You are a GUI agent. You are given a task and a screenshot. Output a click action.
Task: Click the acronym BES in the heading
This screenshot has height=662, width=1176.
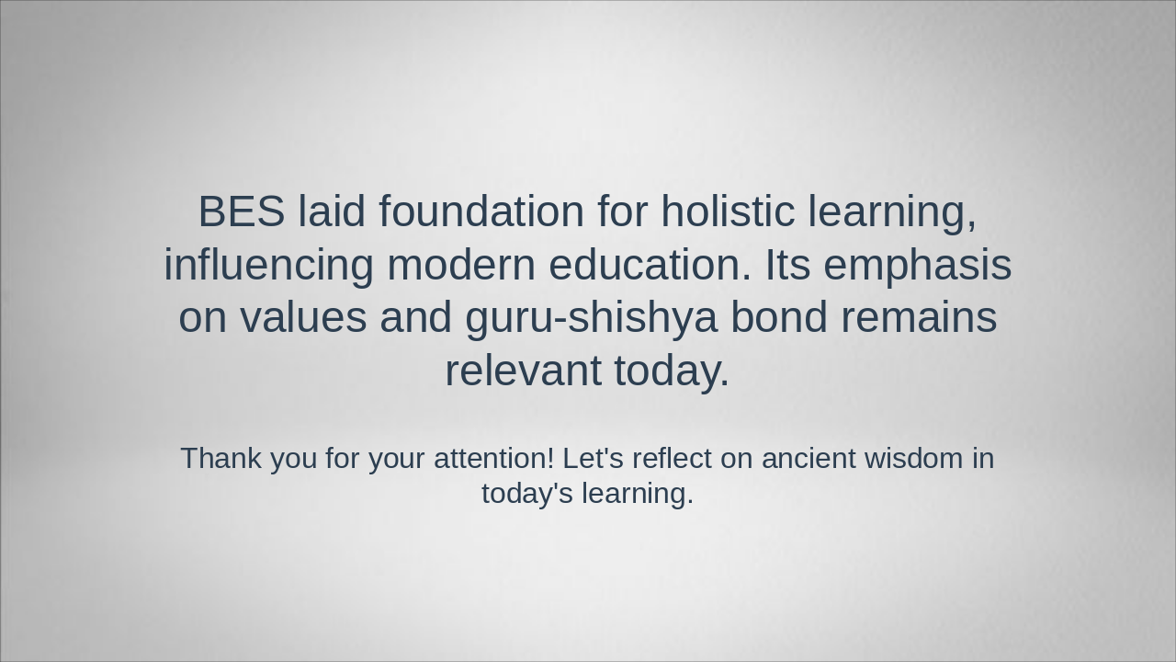(x=241, y=211)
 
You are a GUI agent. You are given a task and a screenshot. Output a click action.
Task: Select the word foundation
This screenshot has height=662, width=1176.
(x=481, y=211)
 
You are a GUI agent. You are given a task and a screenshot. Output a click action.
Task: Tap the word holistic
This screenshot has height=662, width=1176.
(x=728, y=211)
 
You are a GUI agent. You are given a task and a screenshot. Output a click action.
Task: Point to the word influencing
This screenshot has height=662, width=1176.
(x=268, y=265)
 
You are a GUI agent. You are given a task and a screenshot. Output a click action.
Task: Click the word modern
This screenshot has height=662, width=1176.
(x=460, y=265)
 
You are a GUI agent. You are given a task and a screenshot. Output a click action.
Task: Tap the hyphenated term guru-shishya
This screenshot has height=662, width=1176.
(x=591, y=318)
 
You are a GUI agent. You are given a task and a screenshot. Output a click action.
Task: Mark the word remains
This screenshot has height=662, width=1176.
(x=919, y=317)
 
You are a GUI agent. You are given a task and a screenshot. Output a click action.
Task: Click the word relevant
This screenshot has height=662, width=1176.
(x=523, y=371)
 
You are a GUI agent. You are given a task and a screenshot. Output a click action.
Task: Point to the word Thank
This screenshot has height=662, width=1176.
(x=220, y=458)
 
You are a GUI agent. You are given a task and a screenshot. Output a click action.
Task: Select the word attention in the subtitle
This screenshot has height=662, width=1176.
(x=493, y=458)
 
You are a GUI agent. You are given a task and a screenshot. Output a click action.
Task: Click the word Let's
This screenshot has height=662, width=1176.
(x=593, y=458)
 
